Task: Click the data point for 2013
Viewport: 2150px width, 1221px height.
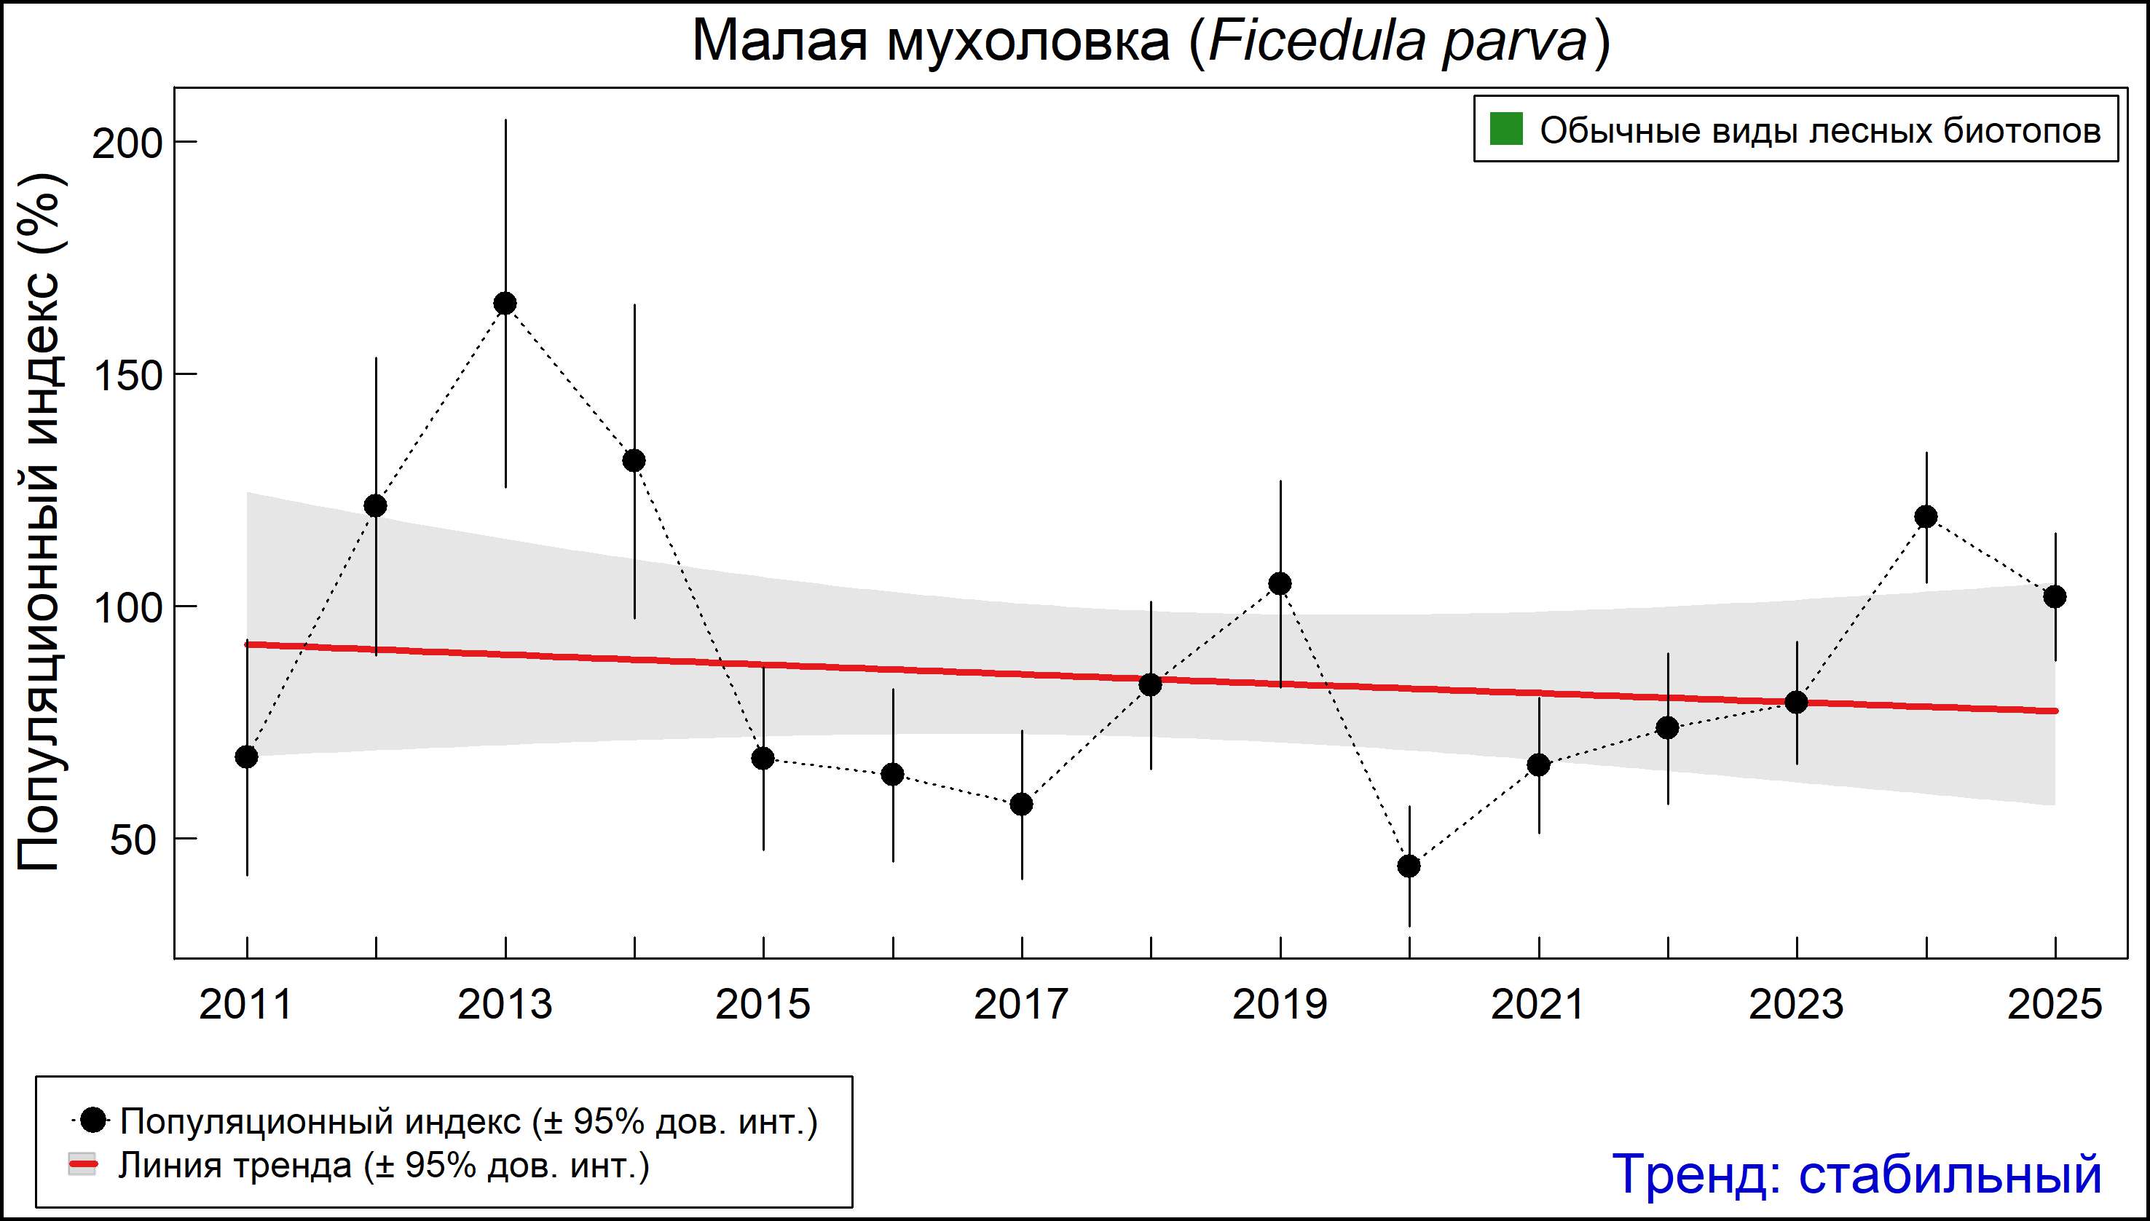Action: click(x=505, y=303)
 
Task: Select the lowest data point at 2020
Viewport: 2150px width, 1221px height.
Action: click(x=1409, y=866)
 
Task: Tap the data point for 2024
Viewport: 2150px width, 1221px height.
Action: click(x=1926, y=517)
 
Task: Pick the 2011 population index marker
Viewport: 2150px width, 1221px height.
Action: click(x=247, y=756)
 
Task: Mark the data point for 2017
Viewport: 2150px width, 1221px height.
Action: click(x=1022, y=805)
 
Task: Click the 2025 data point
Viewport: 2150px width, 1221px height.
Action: click(x=2055, y=597)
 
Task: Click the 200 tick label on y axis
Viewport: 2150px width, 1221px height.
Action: click(x=127, y=144)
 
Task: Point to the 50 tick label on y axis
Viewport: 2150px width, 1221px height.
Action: click(x=134, y=840)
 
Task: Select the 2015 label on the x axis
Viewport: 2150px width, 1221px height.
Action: click(x=763, y=1004)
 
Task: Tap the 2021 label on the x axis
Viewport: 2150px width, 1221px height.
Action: click(x=1537, y=1004)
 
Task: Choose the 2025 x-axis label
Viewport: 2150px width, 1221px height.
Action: click(x=2055, y=1004)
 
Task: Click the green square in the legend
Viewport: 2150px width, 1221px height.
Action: click(x=1505, y=129)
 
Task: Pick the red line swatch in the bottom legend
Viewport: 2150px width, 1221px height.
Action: click(x=83, y=1165)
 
